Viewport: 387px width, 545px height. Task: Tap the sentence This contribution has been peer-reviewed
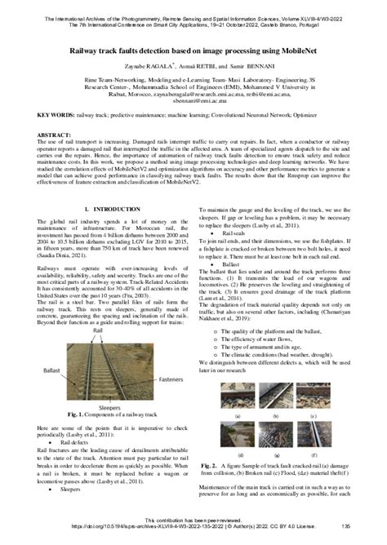click(x=193, y=520)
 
